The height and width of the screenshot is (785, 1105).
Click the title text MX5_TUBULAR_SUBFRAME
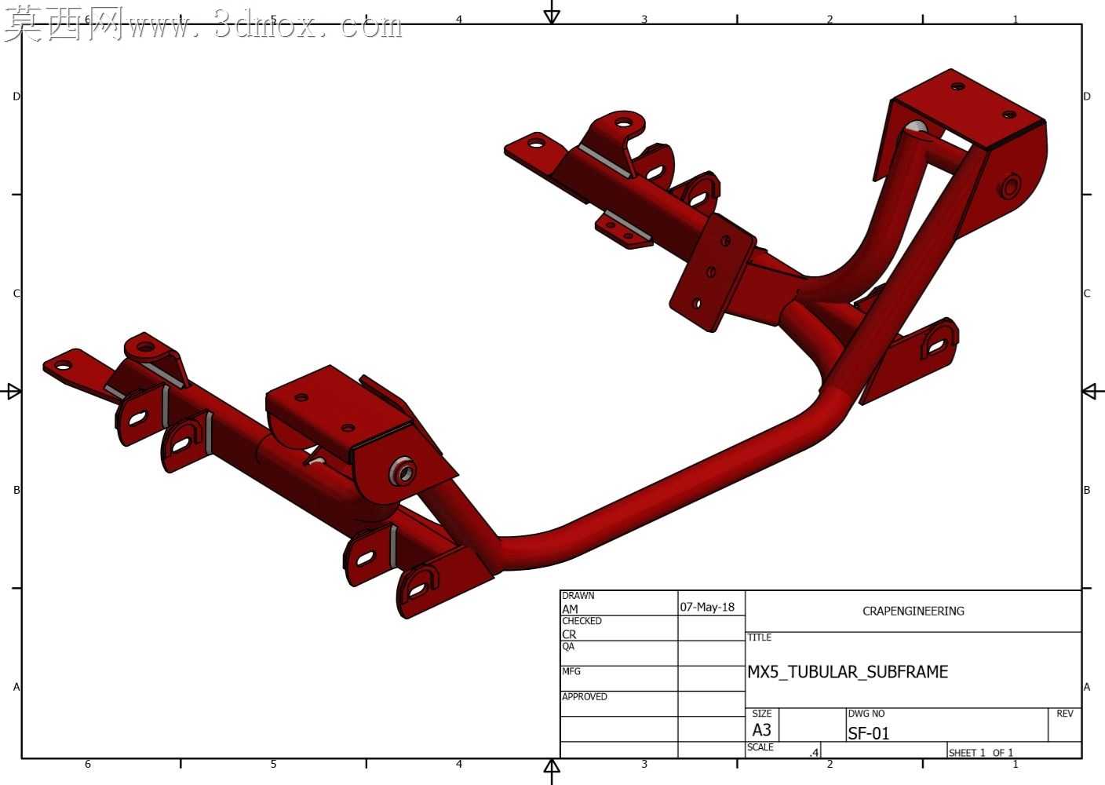pos(848,672)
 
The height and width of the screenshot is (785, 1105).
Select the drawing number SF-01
pos(868,734)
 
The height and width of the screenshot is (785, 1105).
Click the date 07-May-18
pos(707,607)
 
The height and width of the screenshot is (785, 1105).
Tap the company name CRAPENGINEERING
pos(913,611)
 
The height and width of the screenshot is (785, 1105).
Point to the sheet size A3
pos(762,730)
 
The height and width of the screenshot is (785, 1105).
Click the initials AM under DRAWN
pos(570,609)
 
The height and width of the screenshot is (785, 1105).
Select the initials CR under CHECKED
pos(569,634)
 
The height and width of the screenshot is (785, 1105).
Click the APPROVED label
pos(585,696)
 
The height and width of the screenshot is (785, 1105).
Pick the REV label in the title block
pos(1065,714)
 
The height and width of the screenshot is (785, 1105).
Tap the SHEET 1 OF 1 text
pos(981,753)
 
